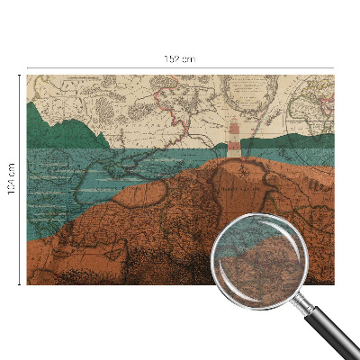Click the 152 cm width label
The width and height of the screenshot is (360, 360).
pos(180,58)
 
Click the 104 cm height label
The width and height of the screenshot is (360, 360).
pos(12,179)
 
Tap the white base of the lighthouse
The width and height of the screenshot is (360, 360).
pos(234,153)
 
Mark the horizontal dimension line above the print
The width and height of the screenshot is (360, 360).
pos(108,67)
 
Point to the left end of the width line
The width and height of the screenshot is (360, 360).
pos(28,67)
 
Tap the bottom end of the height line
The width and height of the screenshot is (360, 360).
pos(20,283)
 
